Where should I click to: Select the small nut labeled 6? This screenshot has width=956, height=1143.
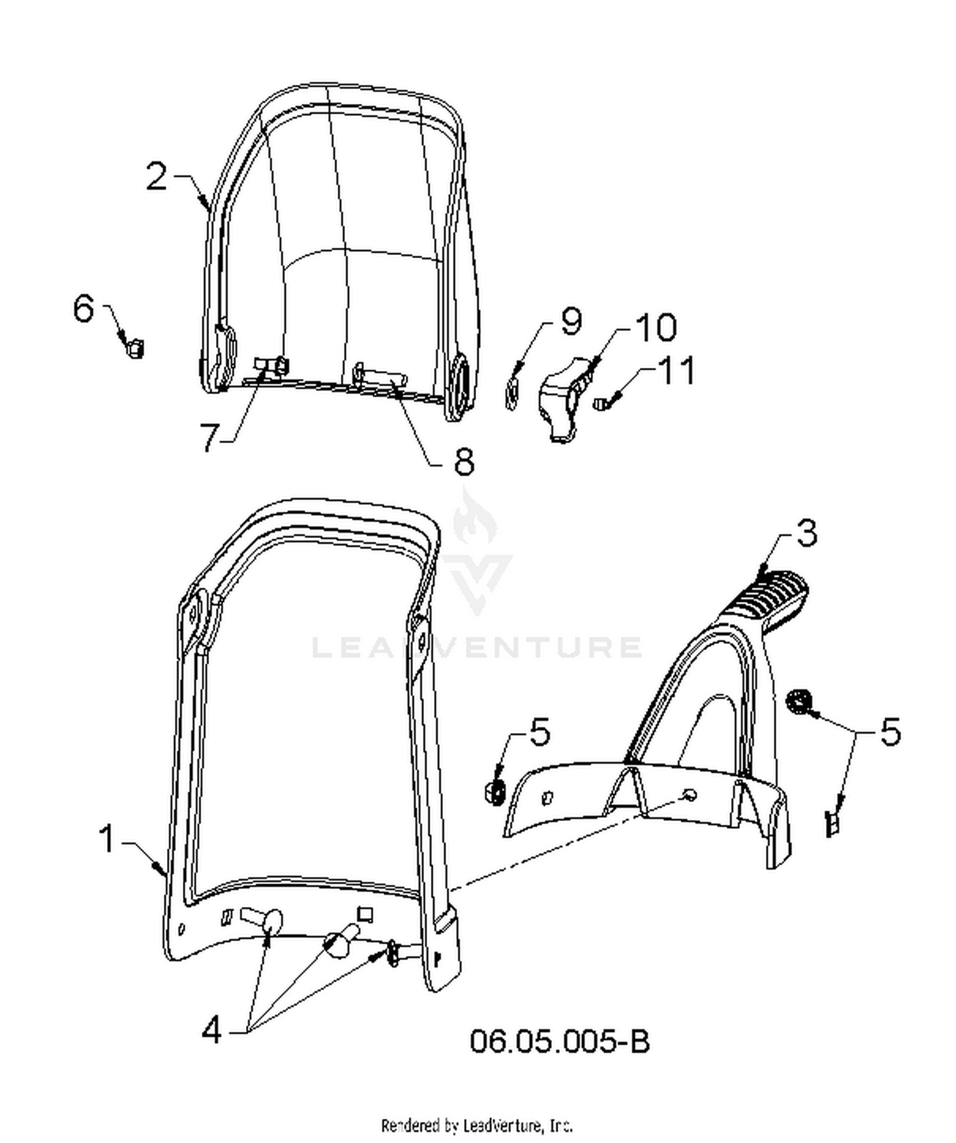pos(135,349)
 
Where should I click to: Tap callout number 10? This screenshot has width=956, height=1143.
pos(656,327)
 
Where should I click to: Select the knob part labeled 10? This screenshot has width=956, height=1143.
pos(565,400)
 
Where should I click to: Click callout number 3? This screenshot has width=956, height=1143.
pos(806,533)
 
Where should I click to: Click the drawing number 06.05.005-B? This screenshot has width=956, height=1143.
pos(560,1042)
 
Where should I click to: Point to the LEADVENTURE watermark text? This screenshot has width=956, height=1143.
pos(477,647)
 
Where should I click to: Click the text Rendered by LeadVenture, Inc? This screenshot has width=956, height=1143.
pos(477,1126)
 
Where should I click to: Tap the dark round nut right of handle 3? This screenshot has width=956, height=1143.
pos(798,702)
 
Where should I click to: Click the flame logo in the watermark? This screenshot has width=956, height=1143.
pos(476,520)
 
